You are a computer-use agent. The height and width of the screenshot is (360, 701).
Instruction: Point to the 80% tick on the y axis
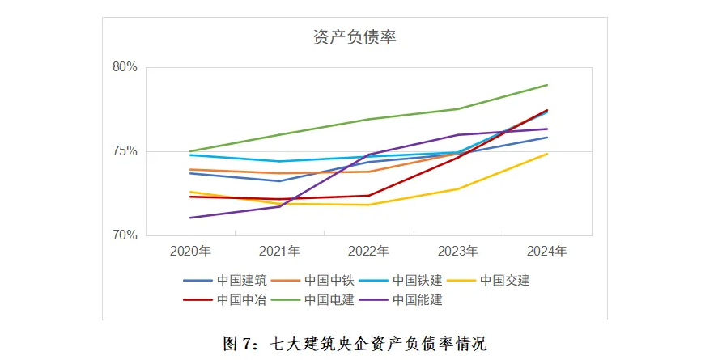point(125,67)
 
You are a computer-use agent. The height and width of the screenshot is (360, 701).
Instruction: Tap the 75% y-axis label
point(125,151)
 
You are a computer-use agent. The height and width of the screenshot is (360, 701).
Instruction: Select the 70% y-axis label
point(125,235)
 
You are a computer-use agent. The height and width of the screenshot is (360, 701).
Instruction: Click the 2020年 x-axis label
point(190,251)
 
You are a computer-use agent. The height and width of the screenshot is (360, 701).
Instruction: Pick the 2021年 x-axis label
point(279,251)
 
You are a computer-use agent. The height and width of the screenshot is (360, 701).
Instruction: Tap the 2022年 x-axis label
point(368,251)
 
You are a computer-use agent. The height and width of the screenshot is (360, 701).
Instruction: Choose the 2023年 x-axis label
point(457,251)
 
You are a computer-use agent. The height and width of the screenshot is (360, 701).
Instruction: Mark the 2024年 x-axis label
point(546,251)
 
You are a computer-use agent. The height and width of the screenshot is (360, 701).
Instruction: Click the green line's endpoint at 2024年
point(548,85)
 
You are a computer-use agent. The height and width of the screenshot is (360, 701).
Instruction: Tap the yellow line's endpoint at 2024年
point(548,154)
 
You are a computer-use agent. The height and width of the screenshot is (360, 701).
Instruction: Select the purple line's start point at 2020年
point(190,218)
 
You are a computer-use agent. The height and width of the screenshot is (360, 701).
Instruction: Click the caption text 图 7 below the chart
point(239,343)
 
